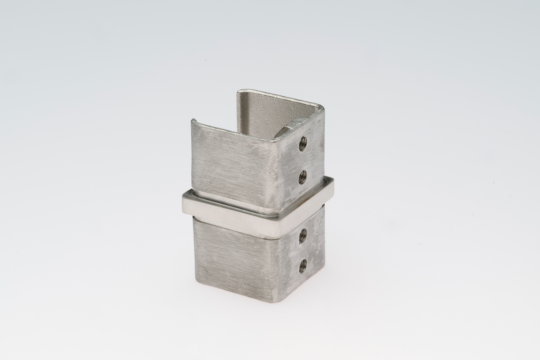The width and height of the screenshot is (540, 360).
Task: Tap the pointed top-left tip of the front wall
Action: [193, 120]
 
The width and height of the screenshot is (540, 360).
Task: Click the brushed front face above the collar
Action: [232, 161]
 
